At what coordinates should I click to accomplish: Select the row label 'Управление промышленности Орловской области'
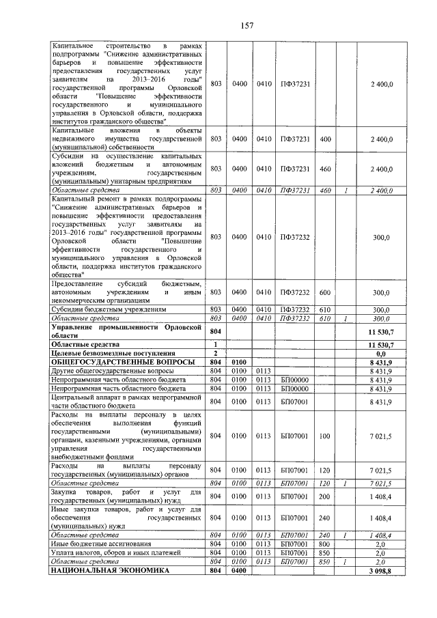click(128, 332)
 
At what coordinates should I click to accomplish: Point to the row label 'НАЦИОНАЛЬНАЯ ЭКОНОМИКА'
click(109, 570)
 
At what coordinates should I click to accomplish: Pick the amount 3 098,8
click(380, 570)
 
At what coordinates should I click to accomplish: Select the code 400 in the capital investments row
click(324, 139)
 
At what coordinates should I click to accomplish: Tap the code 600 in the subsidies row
click(324, 292)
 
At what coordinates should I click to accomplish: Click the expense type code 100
click(324, 435)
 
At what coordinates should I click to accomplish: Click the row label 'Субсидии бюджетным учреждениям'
click(109, 309)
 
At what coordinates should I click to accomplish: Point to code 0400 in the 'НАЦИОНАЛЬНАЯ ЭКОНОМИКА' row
click(239, 570)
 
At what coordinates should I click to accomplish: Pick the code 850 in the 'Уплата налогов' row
click(324, 552)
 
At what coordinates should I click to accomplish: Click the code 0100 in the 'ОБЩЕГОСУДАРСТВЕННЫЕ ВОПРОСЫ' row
click(239, 362)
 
